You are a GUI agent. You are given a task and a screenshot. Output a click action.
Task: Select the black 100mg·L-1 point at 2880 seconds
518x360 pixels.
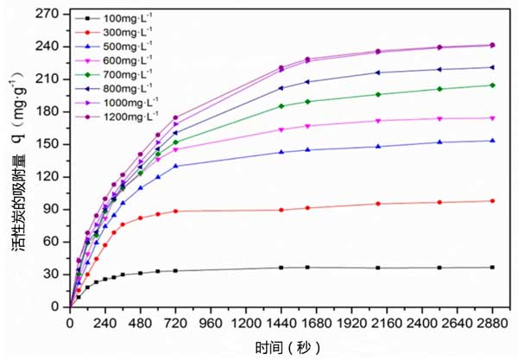[492, 268]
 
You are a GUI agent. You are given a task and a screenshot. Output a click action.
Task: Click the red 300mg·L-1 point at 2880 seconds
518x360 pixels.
[492, 201]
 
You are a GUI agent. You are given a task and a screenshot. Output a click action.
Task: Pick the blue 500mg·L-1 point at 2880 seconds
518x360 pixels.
[492, 141]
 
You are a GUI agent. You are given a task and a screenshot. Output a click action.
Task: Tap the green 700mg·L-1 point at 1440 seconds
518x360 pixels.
[281, 106]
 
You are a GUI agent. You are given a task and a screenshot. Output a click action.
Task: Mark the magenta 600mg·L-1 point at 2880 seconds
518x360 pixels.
[492, 118]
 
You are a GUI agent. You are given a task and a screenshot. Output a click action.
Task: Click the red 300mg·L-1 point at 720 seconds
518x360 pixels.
[175, 211]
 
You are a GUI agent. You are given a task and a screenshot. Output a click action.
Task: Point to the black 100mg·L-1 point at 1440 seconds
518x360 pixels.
[281, 268]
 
